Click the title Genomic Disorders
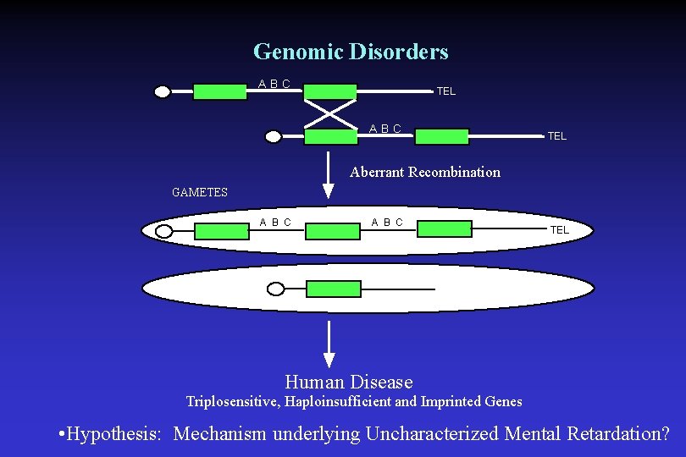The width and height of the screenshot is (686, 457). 351,52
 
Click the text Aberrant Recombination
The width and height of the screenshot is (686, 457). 425,172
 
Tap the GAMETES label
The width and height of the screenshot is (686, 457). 200,192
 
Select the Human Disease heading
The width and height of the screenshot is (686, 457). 349,383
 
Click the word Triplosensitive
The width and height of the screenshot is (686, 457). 233,401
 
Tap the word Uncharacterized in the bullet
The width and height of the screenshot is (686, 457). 432,434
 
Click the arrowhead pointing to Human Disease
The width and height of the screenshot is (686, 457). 329,361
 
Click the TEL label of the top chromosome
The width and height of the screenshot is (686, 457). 445,91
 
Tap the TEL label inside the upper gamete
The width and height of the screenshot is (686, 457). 560,229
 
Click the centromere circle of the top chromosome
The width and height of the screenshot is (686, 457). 162,92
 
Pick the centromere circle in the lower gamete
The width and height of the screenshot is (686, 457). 275,289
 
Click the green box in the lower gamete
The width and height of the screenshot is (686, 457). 333,289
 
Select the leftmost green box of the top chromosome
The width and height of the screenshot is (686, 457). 220,91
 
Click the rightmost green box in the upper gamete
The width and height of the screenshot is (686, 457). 445,229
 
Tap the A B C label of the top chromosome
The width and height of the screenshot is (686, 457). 274,84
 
